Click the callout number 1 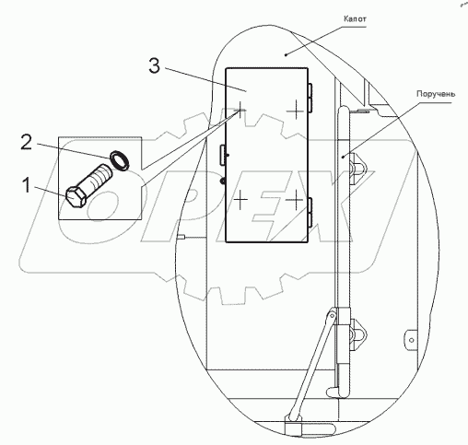click(x=27, y=186)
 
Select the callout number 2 click(x=26, y=142)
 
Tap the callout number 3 click(x=154, y=65)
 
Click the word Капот click(x=355, y=19)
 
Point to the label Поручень click(x=436, y=94)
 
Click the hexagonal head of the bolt click(x=75, y=197)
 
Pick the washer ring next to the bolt click(x=120, y=159)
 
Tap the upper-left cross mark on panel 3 click(x=240, y=111)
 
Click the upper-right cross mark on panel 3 click(x=296, y=111)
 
